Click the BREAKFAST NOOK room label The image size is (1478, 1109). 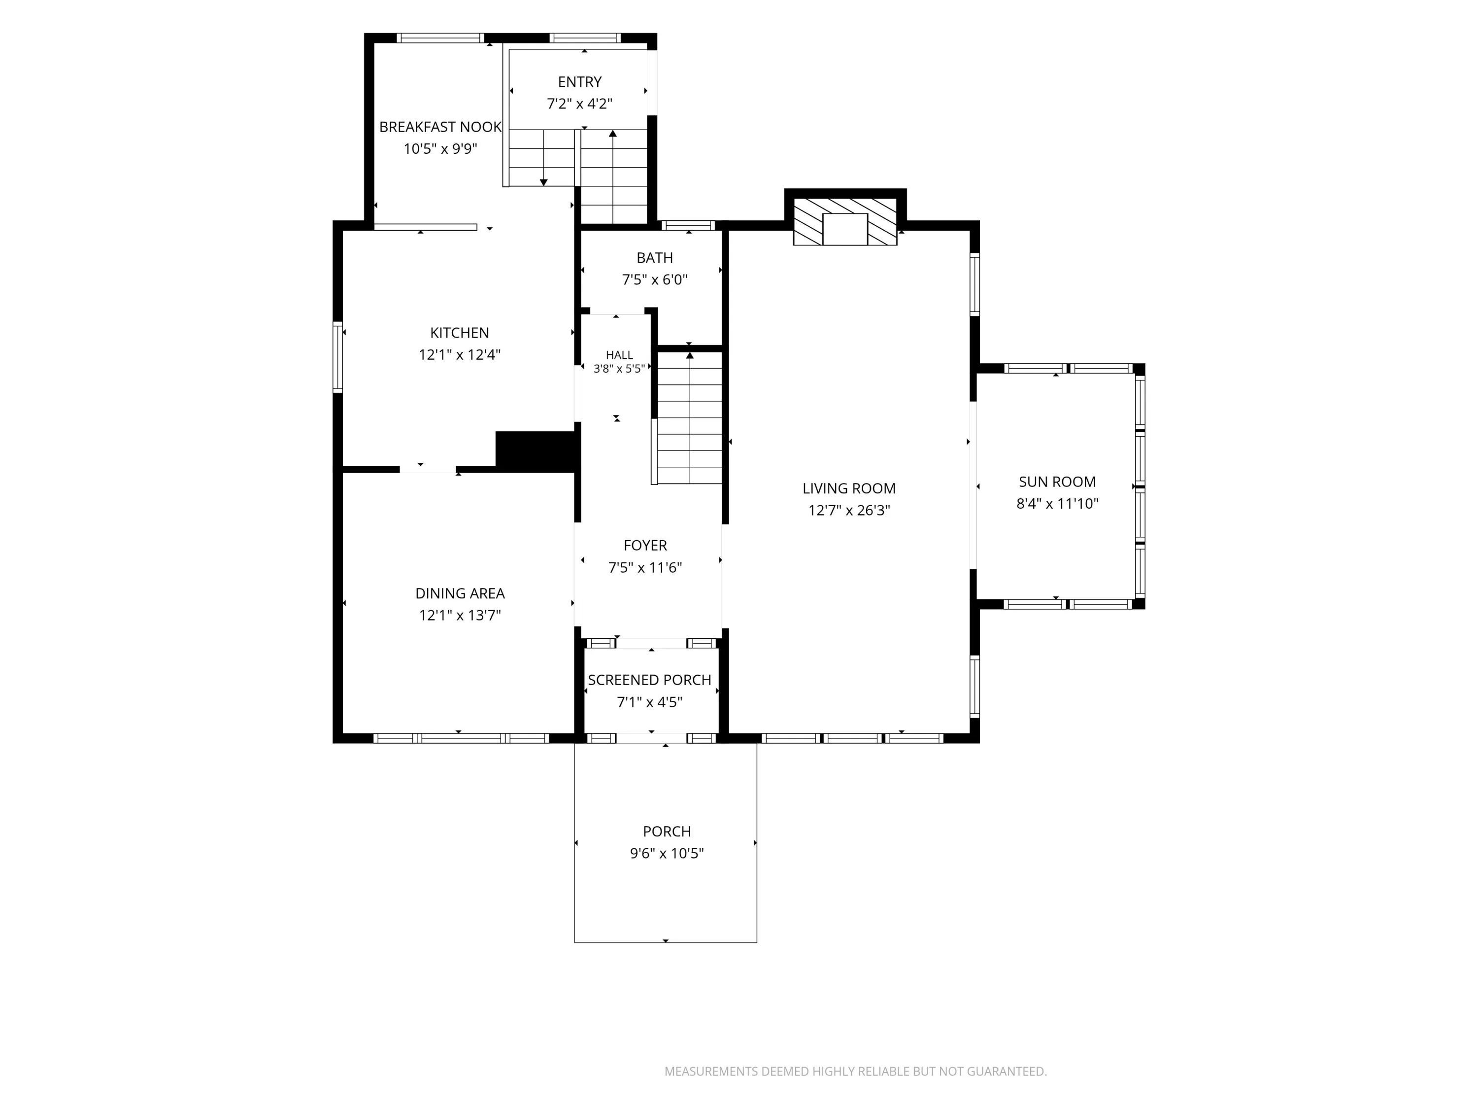tap(440, 127)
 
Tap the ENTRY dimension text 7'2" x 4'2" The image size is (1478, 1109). tap(579, 104)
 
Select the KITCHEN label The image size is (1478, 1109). tap(460, 333)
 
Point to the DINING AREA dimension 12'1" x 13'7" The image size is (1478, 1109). tap(460, 615)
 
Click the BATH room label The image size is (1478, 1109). tap(655, 258)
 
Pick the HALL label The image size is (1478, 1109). tap(619, 355)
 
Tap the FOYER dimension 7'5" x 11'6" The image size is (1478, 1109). tap(645, 567)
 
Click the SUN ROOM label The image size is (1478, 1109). tap(1057, 482)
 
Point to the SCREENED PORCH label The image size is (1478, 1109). tap(649, 680)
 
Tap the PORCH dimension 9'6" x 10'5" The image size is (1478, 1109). tap(667, 854)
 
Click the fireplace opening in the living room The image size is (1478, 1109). tap(844, 229)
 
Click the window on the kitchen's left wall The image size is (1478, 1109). tap(338, 357)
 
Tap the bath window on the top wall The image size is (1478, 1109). tap(688, 225)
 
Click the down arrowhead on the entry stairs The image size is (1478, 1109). tap(543, 182)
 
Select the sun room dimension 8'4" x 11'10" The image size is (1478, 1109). tap(1057, 504)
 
